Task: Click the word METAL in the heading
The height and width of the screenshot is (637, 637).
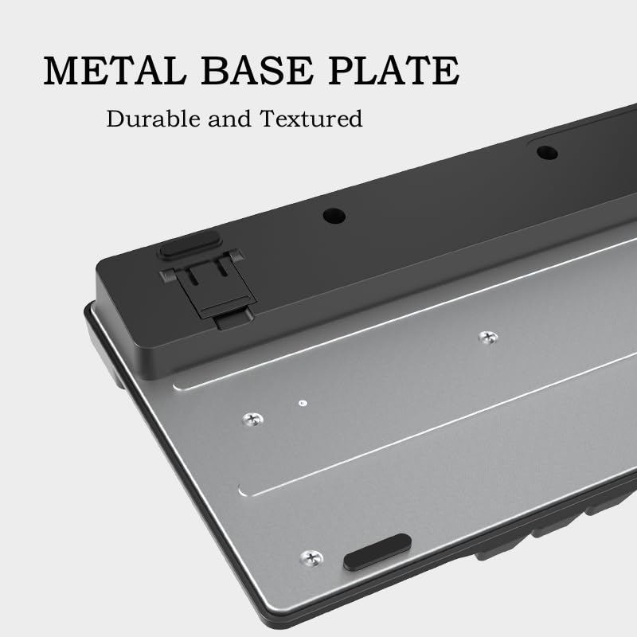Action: pos(115,71)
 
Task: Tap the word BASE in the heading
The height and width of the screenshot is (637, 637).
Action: pos(257,71)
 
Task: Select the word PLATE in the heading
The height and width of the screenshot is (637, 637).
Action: pos(394,71)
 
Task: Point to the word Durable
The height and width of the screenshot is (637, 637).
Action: pos(154,119)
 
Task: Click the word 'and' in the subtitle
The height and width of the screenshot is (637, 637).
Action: pos(229,119)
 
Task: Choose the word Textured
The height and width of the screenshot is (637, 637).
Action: pos(311,119)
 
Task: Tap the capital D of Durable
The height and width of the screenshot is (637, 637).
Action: pos(115,119)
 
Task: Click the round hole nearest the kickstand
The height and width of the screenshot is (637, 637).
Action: pos(334,216)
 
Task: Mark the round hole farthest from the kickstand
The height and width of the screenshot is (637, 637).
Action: pos(547,153)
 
